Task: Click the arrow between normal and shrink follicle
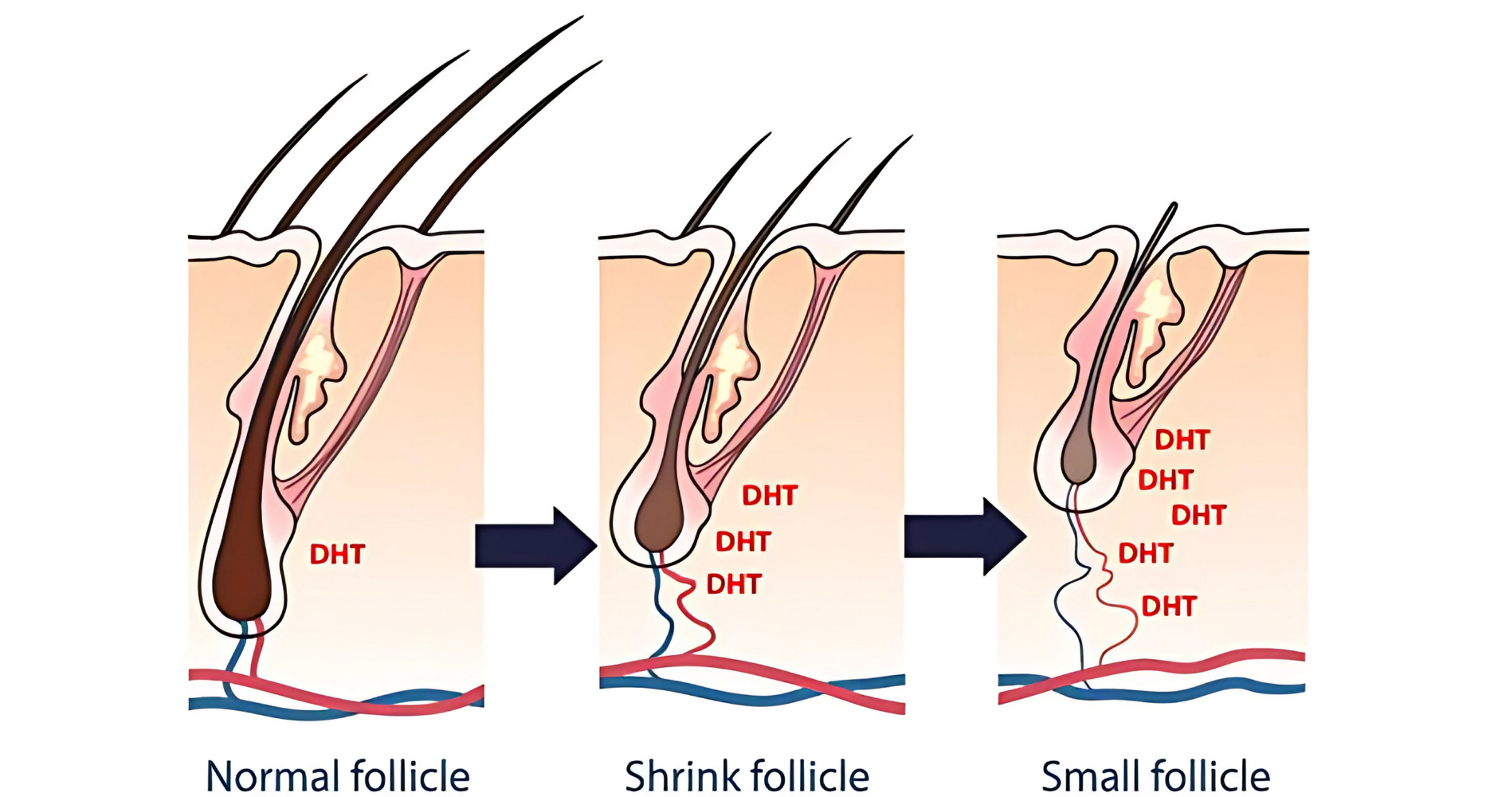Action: (535, 546)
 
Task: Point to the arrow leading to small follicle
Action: (964, 536)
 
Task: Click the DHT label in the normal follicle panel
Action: (337, 554)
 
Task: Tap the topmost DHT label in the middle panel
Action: (770, 496)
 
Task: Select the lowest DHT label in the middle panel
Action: (734, 584)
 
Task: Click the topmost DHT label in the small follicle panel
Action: (1182, 440)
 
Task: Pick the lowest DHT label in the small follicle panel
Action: (1169, 607)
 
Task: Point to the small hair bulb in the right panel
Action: (1079, 458)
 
